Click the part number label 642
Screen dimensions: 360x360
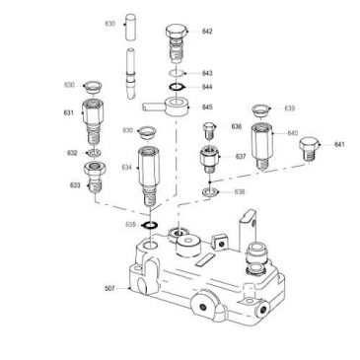pyautogui.click(x=207, y=32)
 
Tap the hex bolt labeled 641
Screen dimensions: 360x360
pyautogui.click(x=310, y=153)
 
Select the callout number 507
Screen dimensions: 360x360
pyautogui.click(x=109, y=289)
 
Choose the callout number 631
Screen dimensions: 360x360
pyautogui.click(x=69, y=113)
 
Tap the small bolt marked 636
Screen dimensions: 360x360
pyautogui.click(x=208, y=130)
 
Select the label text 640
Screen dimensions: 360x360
pyautogui.click(x=293, y=132)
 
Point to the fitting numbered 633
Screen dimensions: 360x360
pyautogui.click(x=95, y=180)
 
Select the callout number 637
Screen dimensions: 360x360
pyautogui.click(x=240, y=156)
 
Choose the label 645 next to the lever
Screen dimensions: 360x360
pyautogui.click(x=208, y=106)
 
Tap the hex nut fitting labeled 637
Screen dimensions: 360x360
pyautogui.click(x=210, y=158)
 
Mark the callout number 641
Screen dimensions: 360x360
pyautogui.click(x=340, y=144)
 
